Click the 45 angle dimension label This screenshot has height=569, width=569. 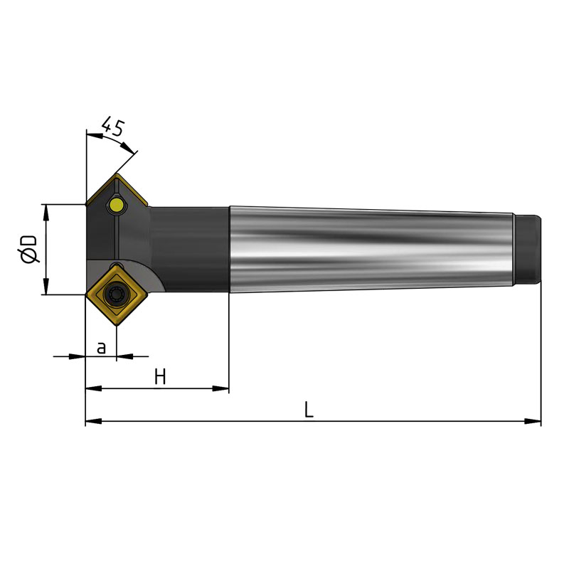113,127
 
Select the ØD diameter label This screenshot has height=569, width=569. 29,249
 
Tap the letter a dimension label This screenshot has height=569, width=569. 101,348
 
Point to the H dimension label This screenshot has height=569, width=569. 160,377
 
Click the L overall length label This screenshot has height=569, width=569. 309,410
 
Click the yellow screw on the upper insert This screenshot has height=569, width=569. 117,205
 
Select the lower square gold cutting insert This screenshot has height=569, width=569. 117,294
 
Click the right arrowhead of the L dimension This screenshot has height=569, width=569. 533,421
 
